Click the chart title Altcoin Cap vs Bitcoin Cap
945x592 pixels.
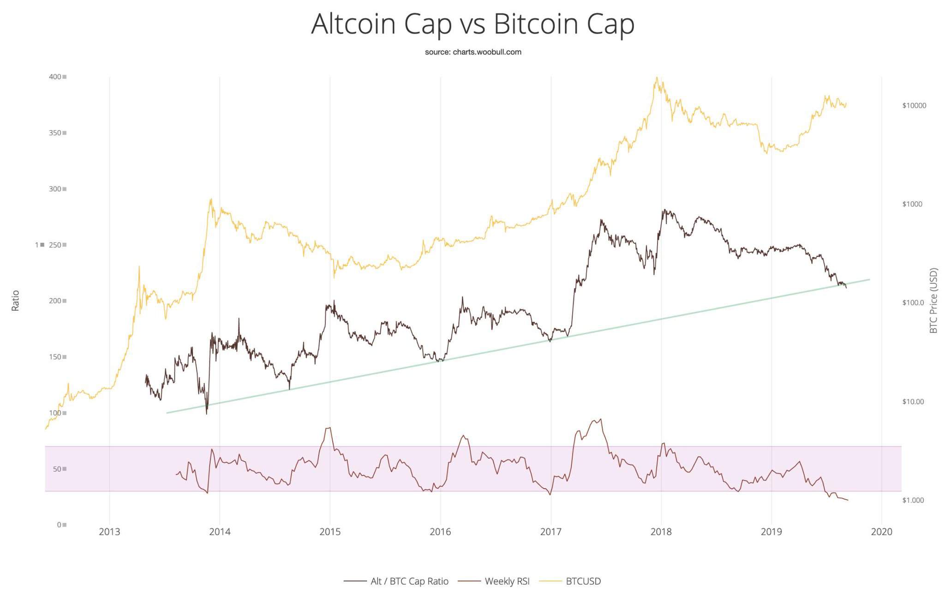[472, 24]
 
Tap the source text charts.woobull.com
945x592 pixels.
[473, 52]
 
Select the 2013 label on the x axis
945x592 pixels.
[109, 532]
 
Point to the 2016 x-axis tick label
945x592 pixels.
[440, 532]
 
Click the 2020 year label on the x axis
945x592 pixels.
[881, 532]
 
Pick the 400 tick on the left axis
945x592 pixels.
[55, 77]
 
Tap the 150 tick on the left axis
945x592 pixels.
[55, 357]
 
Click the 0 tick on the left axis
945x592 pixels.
[59, 525]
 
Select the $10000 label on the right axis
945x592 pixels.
[914, 106]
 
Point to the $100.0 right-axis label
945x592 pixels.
[913, 303]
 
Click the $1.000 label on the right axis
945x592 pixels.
[913, 500]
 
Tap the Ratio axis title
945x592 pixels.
[16, 301]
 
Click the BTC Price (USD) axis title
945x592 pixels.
[933, 301]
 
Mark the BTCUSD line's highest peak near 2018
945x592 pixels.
[656, 78]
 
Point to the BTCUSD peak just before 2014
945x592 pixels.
[211, 199]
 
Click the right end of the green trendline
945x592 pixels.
[870, 279]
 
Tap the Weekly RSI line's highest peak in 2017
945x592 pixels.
[600, 419]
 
